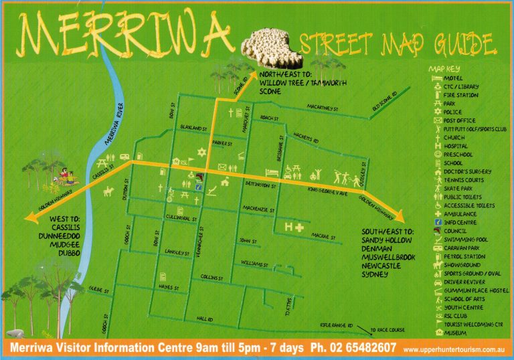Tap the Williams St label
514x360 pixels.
[x=254, y=264]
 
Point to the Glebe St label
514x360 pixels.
[x=98, y=288]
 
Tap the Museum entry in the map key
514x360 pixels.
[x=454, y=333]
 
